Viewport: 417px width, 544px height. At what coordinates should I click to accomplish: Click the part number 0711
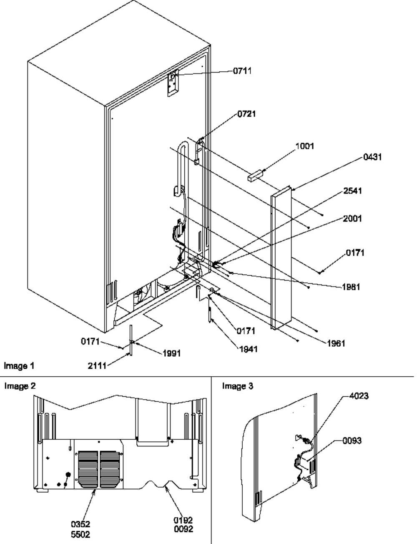[242, 71]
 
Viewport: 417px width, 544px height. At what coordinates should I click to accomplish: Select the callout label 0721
[246, 114]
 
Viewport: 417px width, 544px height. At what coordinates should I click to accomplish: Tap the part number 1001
[304, 146]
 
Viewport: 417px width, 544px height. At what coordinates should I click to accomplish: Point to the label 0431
[372, 157]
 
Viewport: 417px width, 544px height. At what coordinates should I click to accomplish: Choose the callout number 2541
[353, 191]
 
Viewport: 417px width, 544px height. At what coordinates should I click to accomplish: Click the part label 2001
[352, 219]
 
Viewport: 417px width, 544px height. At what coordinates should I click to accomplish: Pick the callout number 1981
[351, 287]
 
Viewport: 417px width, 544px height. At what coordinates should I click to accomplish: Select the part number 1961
[336, 343]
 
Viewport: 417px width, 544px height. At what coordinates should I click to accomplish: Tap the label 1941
[249, 349]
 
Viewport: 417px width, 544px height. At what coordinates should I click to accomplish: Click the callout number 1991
[172, 353]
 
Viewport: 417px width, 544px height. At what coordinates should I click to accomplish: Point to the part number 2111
[97, 366]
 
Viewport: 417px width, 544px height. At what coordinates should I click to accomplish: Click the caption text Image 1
[19, 366]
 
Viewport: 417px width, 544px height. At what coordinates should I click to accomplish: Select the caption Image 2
[20, 386]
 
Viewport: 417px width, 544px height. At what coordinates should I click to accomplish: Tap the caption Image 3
[238, 386]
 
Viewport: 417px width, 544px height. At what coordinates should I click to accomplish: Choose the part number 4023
[359, 396]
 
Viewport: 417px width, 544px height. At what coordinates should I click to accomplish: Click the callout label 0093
[352, 441]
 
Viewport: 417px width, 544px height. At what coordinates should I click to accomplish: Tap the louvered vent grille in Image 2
[99, 469]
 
